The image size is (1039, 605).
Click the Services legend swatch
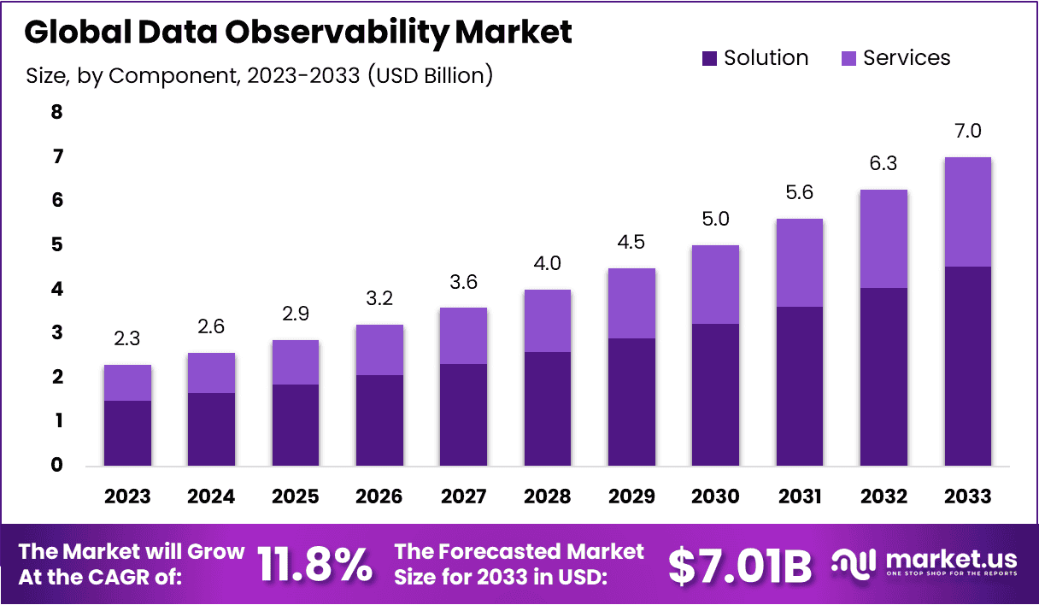click(848, 59)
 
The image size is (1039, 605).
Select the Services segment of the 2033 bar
click(967, 212)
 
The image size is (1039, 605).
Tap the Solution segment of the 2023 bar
click(127, 433)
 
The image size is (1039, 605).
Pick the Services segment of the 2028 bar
click(548, 320)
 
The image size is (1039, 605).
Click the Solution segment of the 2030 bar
click(715, 395)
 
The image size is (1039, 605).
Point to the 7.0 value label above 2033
click(967, 131)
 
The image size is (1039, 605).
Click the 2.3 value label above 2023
click(127, 339)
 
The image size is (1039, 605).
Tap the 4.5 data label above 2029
click(631, 242)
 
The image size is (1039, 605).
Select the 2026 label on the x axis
click(379, 496)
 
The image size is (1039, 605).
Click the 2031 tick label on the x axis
click(800, 496)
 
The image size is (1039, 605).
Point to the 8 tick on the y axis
click(57, 112)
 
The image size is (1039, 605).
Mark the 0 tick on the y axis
click(57, 466)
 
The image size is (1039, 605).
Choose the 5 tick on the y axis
click(57, 244)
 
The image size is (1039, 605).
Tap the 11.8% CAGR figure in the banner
click(315, 564)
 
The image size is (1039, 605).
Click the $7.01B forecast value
click(739, 565)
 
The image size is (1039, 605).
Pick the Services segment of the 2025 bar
click(296, 362)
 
